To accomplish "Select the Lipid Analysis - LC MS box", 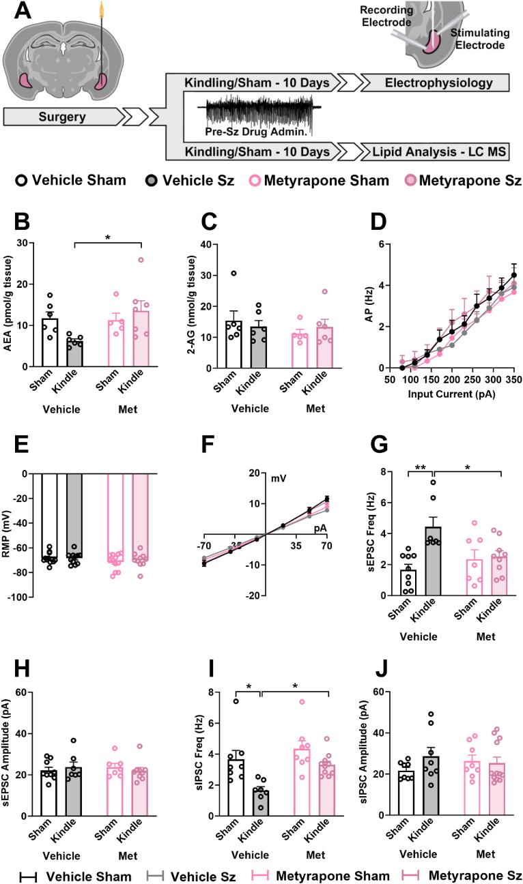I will (x=435, y=151).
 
